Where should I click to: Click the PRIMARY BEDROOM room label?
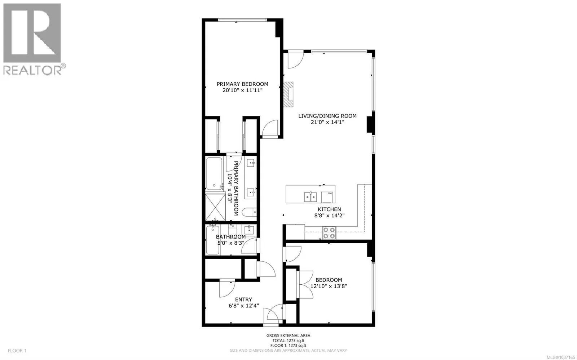242,84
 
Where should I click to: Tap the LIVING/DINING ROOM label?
327,116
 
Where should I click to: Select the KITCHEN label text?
329,209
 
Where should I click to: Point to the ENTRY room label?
243,299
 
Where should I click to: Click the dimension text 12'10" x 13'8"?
329,286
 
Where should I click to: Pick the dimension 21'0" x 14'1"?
327,122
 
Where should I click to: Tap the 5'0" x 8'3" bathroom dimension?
231,243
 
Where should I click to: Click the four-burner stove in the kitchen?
329,233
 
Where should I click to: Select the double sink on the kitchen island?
310,197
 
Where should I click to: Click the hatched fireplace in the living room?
288,94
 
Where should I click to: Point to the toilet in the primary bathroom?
249,212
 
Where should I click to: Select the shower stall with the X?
215,207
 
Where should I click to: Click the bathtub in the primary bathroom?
214,173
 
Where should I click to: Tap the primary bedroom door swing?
270,128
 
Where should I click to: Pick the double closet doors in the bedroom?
305,284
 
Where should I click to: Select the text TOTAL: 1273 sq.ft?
288,341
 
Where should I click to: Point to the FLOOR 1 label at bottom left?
17,351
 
